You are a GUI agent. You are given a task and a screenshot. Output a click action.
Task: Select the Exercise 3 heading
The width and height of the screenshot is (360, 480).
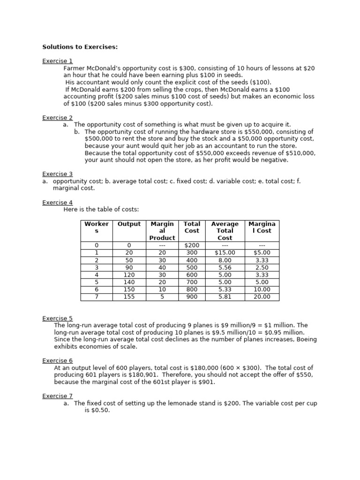point(58,174)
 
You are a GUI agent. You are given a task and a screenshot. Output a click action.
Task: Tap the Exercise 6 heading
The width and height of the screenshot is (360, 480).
point(58,360)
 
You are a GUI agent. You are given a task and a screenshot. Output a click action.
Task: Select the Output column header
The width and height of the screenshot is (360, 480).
point(129,224)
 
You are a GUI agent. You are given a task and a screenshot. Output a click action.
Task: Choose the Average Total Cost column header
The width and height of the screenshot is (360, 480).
point(225,231)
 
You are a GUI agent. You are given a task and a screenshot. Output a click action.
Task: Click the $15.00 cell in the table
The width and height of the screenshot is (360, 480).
point(225,253)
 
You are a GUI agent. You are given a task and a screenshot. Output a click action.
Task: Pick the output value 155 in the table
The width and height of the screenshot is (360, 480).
point(129,297)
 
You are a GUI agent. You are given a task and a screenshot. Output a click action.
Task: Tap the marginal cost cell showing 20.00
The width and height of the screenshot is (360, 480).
point(262,297)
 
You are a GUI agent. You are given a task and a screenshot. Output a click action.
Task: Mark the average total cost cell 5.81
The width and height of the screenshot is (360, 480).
point(225,297)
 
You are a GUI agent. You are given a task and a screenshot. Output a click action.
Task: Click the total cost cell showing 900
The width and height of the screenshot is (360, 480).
point(192,297)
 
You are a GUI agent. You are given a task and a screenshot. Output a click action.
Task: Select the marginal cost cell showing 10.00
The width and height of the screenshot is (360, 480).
point(262,290)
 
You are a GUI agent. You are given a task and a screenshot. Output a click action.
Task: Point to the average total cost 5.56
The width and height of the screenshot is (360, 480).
point(225,267)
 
